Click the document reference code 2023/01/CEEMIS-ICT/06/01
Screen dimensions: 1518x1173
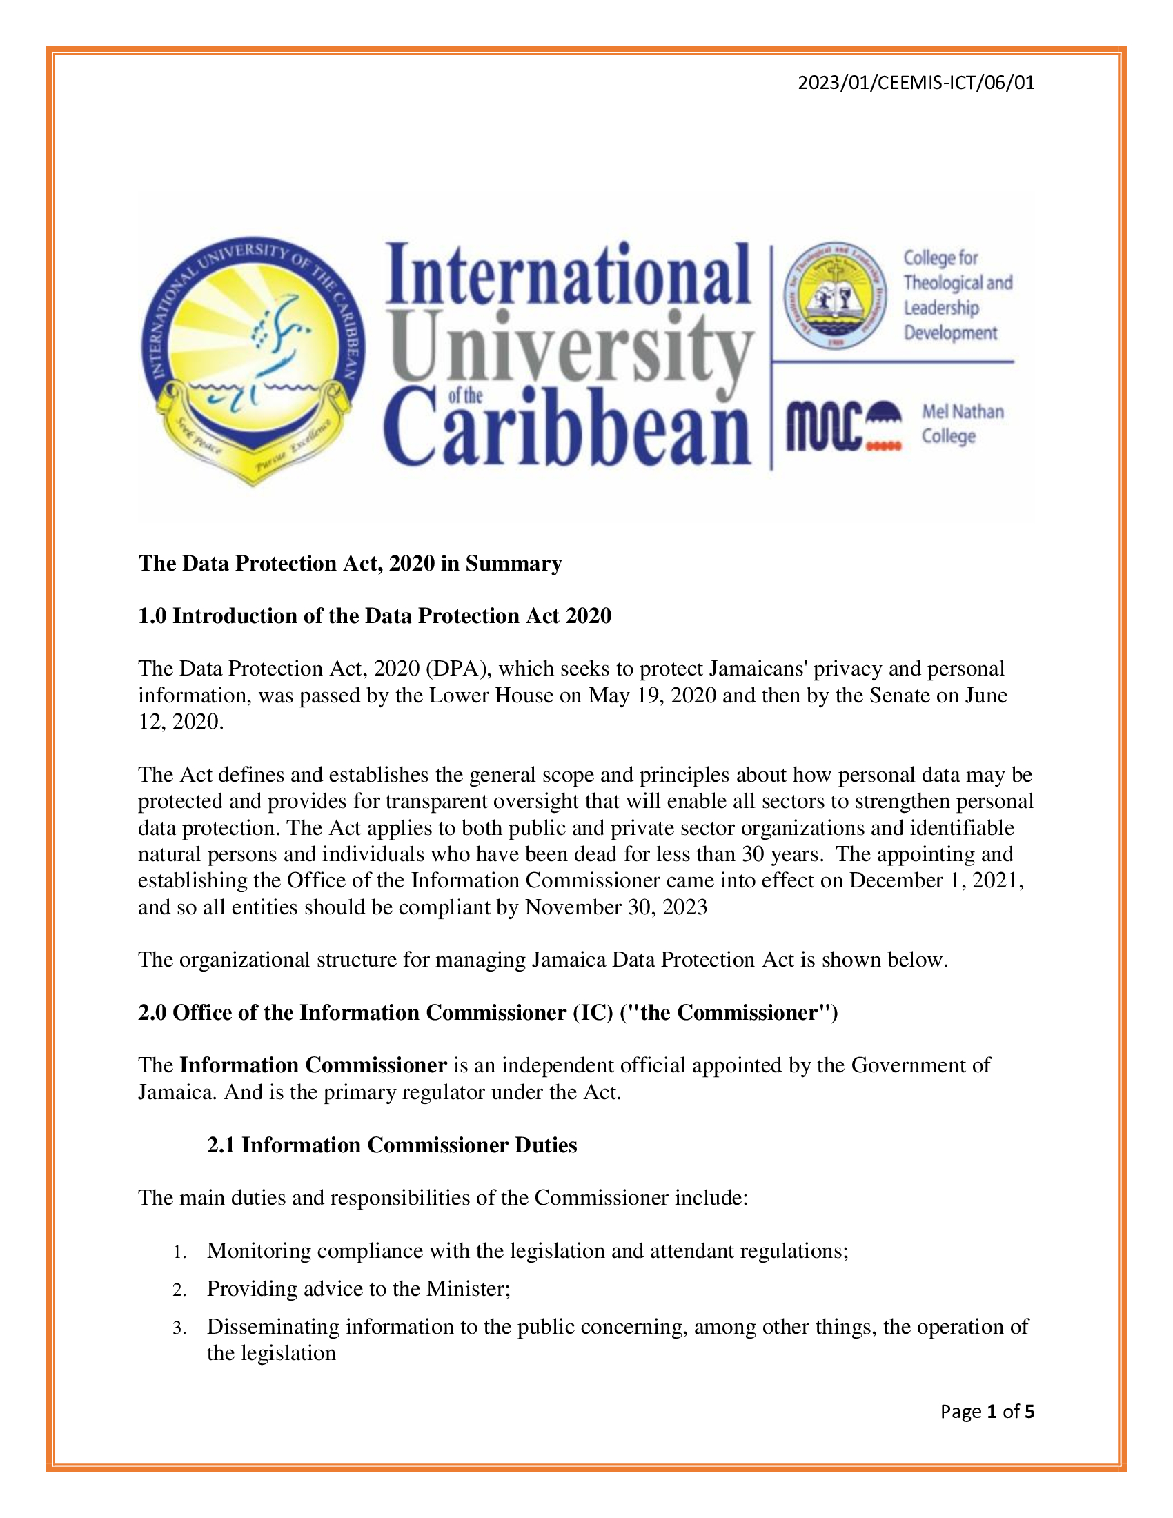click(916, 83)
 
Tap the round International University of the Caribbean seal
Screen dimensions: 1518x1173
click(253, 359)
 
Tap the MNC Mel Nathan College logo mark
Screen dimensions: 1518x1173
click(844, 424)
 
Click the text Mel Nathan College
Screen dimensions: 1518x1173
click(962, 424)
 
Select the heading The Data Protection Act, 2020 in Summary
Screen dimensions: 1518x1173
click(350, 563)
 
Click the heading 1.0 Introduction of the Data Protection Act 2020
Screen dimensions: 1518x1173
click(375, 615)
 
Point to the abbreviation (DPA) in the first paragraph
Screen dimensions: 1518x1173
click(455, 669)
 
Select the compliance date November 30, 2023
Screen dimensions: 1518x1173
click(615, 907)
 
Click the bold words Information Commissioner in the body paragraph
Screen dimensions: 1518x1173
click(313, 1065)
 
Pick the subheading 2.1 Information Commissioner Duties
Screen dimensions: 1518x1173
click(392, 1145)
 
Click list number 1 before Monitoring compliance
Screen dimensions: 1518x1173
click(179, 1252)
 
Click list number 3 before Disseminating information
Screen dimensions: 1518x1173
click(179, 1328)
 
